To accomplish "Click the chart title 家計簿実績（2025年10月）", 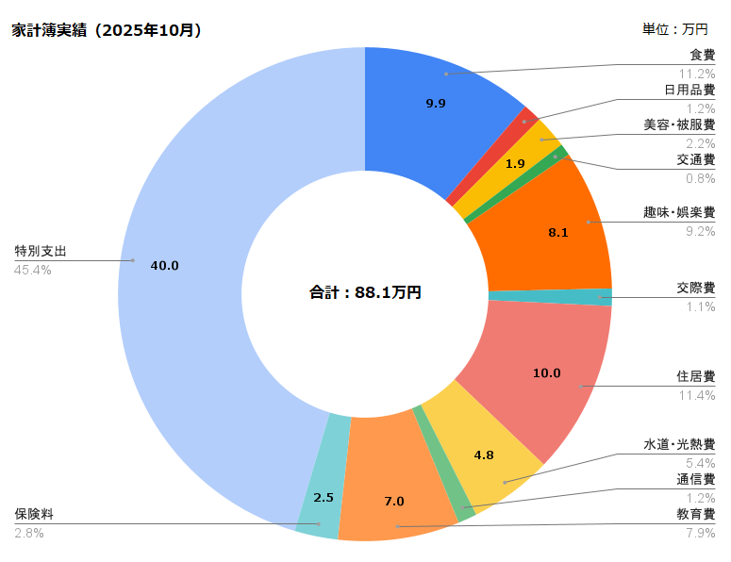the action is click(107, 30).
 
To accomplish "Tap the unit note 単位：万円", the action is click(674, 29).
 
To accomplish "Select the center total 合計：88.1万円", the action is click(365, 292).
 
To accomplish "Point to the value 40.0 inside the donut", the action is click(164, 266).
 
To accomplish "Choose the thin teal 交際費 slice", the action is click(550, 297).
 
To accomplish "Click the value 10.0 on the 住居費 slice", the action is click(546, 373).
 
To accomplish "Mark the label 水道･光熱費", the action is click(679, 444).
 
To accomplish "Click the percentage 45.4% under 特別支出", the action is click(33, 270).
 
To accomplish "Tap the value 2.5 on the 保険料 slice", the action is click(324, 498).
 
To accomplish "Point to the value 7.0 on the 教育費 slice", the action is click(394, 502).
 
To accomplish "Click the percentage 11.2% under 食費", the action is click(696, 74).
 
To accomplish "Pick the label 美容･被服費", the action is click(679, 124).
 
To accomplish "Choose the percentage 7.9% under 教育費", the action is click(700, 533).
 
